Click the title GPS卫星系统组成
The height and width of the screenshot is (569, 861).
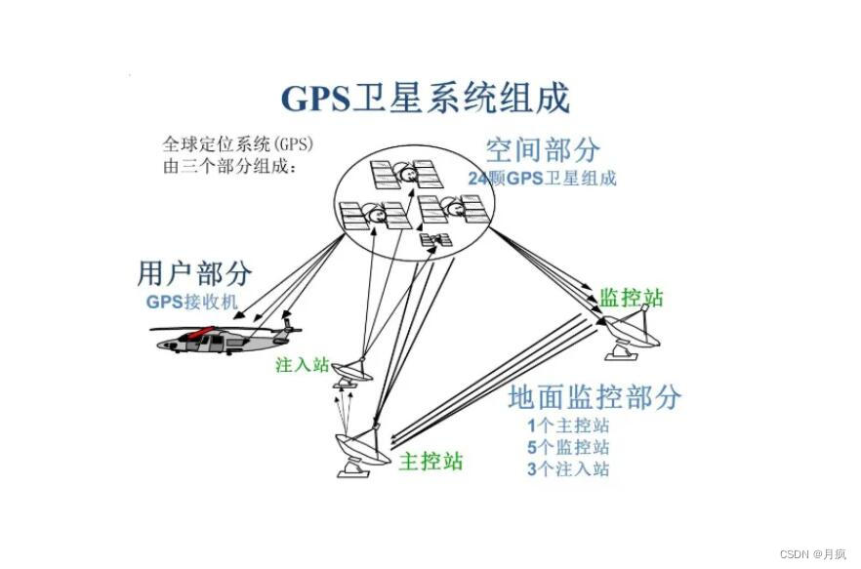coord(425,99)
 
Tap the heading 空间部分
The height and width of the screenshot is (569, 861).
coord(543,149)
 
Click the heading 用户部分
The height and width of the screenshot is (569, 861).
coord(194,272)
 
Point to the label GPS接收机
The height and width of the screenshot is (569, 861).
coord(192,301)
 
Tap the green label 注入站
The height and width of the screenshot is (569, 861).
coord(303,365)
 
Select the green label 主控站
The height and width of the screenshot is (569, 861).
coord(430,461)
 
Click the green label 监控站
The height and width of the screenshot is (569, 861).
coord(631,297)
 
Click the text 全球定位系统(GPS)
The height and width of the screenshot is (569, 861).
coord(239,144)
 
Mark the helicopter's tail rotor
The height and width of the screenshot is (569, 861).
coord(286,318)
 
